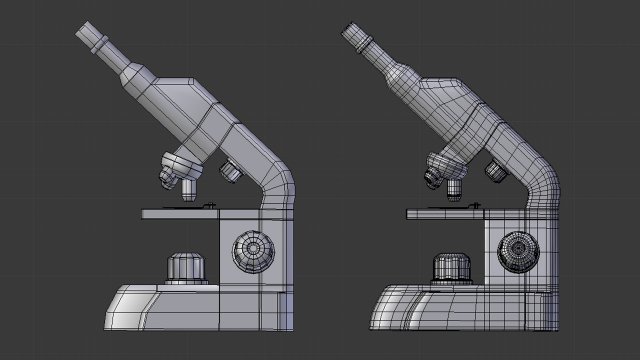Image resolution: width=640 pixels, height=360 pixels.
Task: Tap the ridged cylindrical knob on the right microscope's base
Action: click(452, 268)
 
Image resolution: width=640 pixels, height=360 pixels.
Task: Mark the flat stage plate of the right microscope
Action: click(445, 213)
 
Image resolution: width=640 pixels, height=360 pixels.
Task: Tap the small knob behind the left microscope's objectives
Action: click(231, 171)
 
